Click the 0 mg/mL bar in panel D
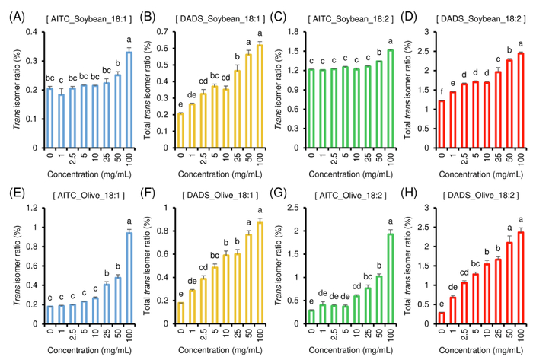point(439,126)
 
